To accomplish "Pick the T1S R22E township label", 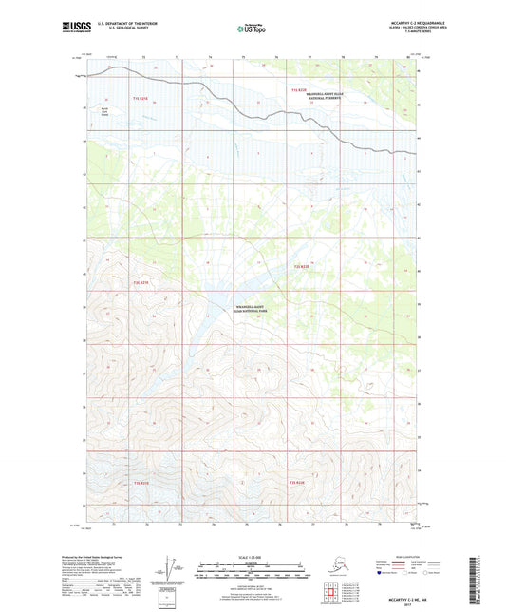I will tap(300, 88).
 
